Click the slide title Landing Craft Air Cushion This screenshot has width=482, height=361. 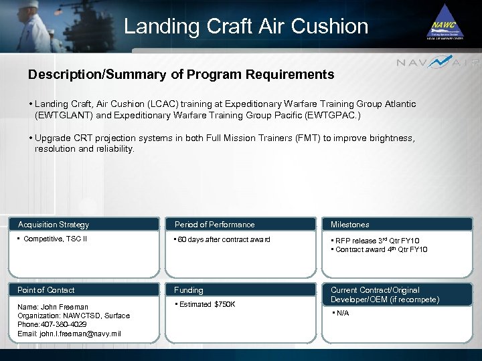click(246, 27)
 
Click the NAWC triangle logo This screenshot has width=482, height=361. click(446, 24)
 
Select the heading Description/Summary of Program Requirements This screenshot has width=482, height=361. click(181, 75)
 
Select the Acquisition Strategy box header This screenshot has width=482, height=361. click(54, 225)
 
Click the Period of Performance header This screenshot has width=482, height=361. click(214, 225)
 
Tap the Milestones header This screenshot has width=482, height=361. click(349, 225)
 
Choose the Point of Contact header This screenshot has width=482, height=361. click(46, 290)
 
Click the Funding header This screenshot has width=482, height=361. click(189, 290)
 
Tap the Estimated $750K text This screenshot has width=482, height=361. click(207, 305)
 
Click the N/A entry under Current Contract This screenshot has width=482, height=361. click(343, 313)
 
